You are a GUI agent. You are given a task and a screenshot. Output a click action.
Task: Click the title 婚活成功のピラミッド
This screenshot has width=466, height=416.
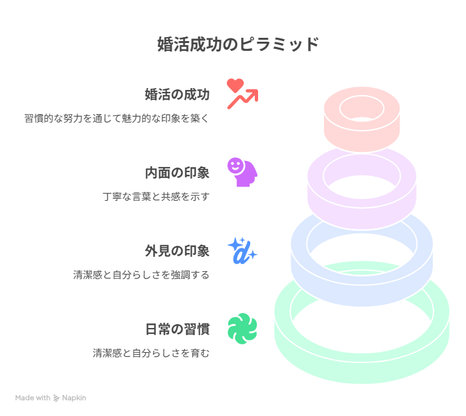[x=238, y=44]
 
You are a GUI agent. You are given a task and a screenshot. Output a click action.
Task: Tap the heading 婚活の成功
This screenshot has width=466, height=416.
[x=177, y=95]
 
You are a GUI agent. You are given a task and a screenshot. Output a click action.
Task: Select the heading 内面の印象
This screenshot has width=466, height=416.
[x=177, y=173]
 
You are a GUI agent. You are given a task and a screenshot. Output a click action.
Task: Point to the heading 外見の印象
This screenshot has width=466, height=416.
[x=177, y=251]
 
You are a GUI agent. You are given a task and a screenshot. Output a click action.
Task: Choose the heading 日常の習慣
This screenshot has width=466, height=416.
[x=177, y=329]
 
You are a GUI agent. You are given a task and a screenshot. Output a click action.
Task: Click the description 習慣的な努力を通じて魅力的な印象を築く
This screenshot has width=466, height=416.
[x=117, y=119]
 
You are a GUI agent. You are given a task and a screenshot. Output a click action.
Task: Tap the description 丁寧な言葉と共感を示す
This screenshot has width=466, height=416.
[x=156, y=196]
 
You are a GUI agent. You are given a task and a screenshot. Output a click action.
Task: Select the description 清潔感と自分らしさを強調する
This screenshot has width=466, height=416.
[x=141, y=275]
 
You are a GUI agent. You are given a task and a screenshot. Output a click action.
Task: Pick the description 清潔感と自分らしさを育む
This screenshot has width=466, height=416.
[x=151, y=353]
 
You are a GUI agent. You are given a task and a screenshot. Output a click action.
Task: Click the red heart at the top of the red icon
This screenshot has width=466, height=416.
[x=235, y=85]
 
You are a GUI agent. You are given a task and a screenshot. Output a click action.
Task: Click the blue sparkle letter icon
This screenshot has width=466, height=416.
[x=242, y=251]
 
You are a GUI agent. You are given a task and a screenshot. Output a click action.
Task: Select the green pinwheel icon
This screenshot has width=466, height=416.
[x=242, y=329]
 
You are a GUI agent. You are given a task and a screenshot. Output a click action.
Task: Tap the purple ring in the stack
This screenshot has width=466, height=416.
[x=362, y=217]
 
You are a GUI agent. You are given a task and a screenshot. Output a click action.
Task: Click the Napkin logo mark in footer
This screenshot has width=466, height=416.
[x=56, y=398]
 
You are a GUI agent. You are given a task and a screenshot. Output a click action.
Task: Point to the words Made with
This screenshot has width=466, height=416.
[x=33, y=398]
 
